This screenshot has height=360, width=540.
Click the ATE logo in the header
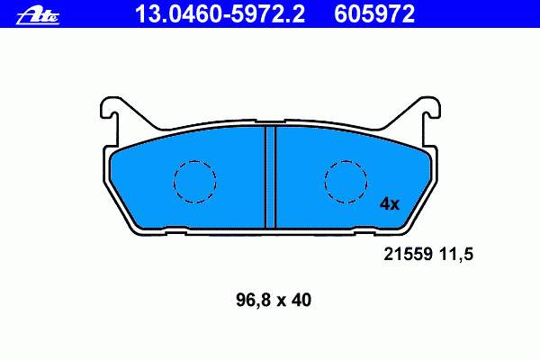(38, 16)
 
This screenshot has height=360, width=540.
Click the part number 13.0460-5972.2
(220, 13)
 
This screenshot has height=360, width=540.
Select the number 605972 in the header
(374, 13)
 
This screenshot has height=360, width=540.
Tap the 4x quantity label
(390, 204)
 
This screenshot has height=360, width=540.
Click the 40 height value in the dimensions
(301, 300)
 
